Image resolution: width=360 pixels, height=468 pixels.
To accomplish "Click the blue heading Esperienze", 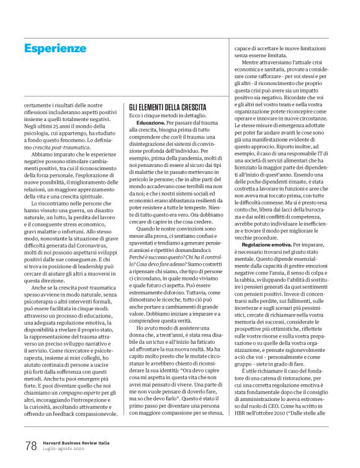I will tap(55, 48).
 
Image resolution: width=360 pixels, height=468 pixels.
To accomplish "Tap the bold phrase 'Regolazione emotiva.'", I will tap(265, 246).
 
